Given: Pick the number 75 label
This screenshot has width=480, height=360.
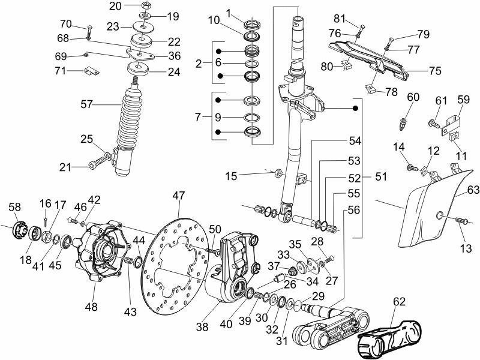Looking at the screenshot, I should tap(435, 71).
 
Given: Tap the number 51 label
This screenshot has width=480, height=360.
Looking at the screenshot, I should tap(380, 178).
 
